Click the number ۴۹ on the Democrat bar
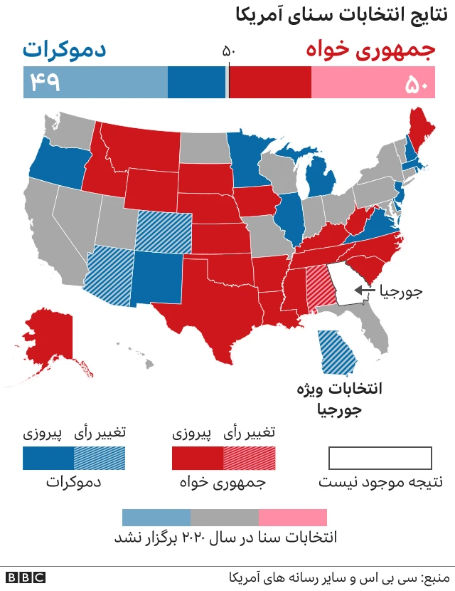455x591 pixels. coord(43,83)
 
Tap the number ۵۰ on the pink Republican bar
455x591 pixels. coord(416,83)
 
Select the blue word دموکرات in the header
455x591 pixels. coord(64,50)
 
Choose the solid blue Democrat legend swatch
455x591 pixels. coord(48,458)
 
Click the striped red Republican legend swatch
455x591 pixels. coord(249,458)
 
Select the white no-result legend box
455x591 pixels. coord(380,458)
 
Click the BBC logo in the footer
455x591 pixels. coord(26,577)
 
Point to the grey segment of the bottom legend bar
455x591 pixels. coord(225,517)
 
